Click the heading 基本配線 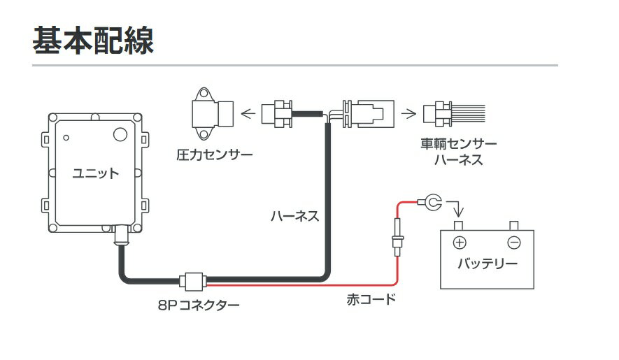tap(93, 41)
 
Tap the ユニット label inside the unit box tap(95, 173)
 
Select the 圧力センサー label tap(214, 154)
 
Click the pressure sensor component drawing tap(213, 114)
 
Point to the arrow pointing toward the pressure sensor tap(248, 114)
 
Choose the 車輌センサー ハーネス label tap(458, 152)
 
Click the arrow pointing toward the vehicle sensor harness tap(408, 114)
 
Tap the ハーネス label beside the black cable tap(295, 216)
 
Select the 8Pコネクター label tap(199, 305)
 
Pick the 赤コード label tap(371, 299)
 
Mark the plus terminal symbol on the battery tap(460, 243)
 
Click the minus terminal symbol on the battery tap(514, 243)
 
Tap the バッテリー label tap(488, 264)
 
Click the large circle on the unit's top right tap(120, 134)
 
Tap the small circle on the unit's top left tap(66, 138)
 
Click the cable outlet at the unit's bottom tap(122, 236)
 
